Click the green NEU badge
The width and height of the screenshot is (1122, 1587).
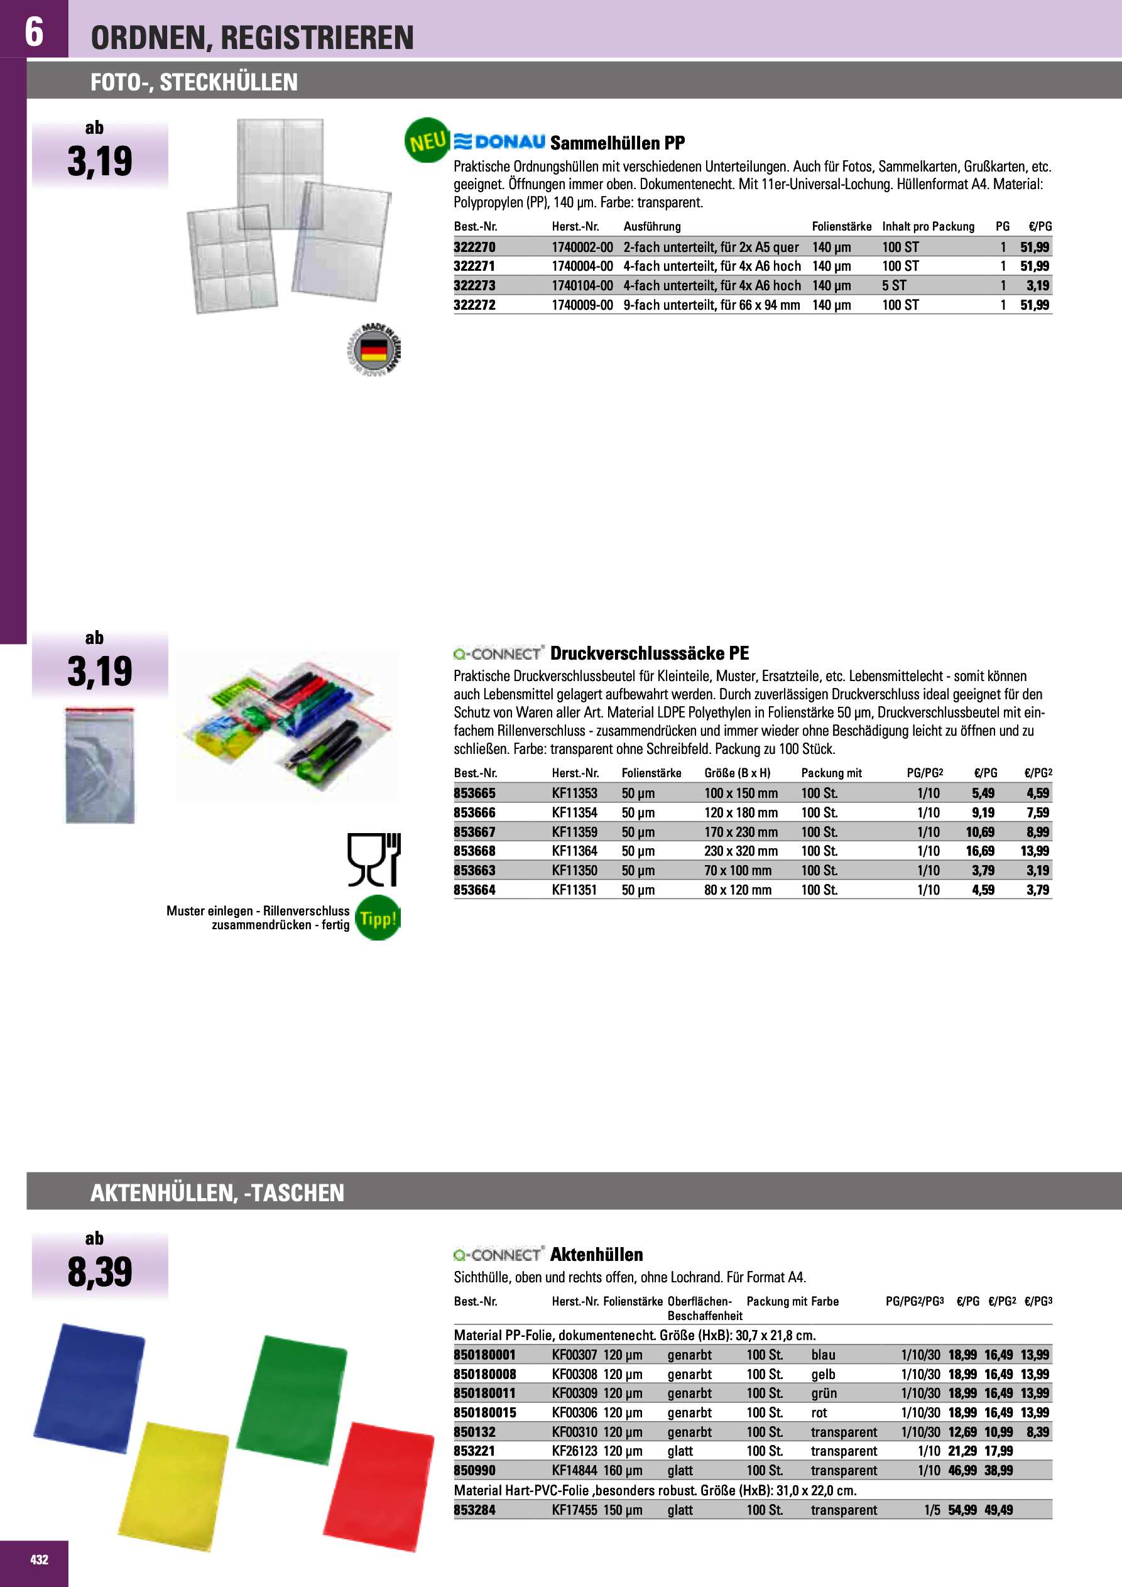pyautogui.click(x=427, y=141)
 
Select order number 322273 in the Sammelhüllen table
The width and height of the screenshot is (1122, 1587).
pyautogui.click(x=474, y=285)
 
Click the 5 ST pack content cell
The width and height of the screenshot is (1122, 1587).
pyautogui.click(x=894, y=285)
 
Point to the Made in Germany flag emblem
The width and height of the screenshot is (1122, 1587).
pyautogui.click(x=374, y=350)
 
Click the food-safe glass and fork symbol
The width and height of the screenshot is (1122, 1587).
pyautogui.click(x=374, y=859)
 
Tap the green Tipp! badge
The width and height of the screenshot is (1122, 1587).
pyautogui.click(x=378, y=919)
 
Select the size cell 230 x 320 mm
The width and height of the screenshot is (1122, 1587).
pyautogui.click(x=741, y=851)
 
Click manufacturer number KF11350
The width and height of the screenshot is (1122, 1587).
pyautogui.click(x=574, y=870)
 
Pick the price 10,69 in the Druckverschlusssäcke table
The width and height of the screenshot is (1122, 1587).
pyautogui.click(x=979, y=832)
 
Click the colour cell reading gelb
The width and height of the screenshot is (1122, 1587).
pyautogui.click(x=823, y=1374)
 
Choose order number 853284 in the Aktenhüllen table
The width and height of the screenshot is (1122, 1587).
pyautogui.click(x=474, y=1510)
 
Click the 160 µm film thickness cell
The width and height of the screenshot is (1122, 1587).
pyautogui.click(x=622, y=1470)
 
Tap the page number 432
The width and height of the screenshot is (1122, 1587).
pyautogui.click(x=40, y=1559)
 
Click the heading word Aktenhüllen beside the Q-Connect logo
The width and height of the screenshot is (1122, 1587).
pyautogui.click(x=596, y=1255)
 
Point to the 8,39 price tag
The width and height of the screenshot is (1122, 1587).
pyautogui.click(x=99, y=1272)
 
